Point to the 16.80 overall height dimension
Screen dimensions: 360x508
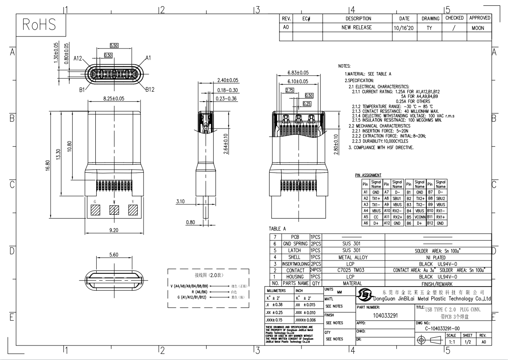pos(49,165)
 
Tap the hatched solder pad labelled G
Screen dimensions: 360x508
pos(96,211)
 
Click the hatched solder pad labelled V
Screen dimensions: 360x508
pos(133,211)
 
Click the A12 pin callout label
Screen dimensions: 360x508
pos(79,58)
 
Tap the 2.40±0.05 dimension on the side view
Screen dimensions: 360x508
pos(228,80)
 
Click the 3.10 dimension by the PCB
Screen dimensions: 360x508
pos(180,201)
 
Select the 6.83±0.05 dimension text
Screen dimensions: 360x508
pos(298,73)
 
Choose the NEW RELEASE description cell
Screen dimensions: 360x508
pos(356,28)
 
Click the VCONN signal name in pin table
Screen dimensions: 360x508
pos(419,217)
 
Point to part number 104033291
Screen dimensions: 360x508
pos(386,316)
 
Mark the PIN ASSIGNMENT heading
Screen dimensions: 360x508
pos(368,175)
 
